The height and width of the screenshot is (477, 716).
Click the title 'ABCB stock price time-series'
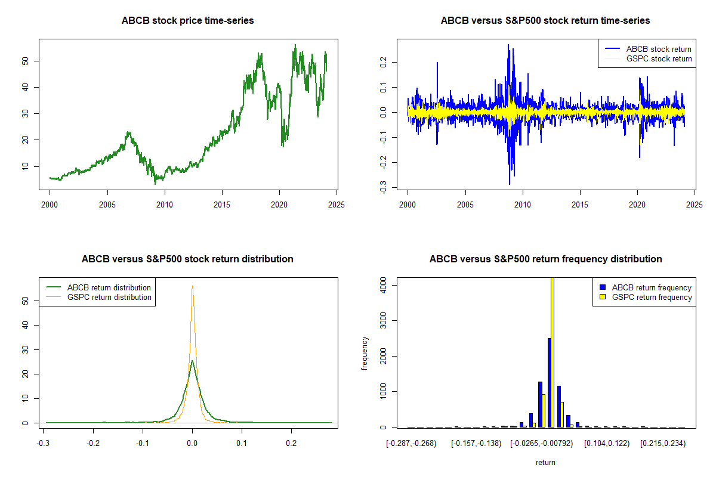tap(188, 21)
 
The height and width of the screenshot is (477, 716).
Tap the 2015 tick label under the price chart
tap(222, 204)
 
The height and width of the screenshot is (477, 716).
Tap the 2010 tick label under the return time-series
tap(523, 204)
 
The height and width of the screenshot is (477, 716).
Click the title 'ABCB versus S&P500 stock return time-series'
tap(545, 21)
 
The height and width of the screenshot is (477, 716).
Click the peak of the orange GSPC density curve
tap(192, 286)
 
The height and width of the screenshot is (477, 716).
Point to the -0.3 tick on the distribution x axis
tap(43, 444)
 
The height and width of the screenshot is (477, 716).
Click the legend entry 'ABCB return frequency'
tap(655, 287)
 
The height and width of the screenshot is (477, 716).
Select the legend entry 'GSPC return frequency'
tap(655, 297)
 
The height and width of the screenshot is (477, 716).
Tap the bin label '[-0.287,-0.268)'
tap(412, 444)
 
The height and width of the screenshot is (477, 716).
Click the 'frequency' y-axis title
tap(365, 354)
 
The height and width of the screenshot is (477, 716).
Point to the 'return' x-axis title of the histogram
tap(545, 462)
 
